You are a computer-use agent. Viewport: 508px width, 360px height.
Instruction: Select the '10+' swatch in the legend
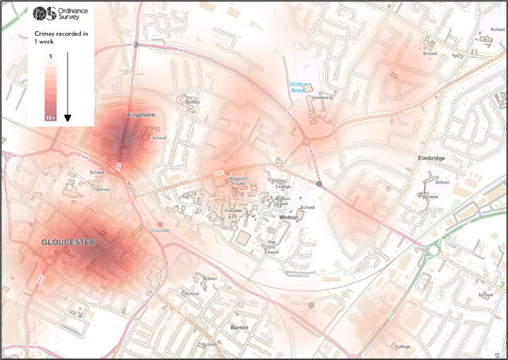(x=50, y=117)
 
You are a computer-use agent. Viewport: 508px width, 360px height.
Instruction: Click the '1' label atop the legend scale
(x=50, y=55)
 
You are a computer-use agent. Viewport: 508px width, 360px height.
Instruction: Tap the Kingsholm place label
(x=141, y=114)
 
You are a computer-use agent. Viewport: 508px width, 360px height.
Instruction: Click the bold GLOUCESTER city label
(x=67, y=242)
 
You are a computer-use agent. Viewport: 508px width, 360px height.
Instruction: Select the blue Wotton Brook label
(x=298, y=87)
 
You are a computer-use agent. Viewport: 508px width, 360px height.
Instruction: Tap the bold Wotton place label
(x=288, y=216)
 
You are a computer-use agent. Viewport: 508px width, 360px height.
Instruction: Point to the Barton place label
(x=239, y=326)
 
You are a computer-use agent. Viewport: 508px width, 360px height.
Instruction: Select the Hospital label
(x=234, y=211)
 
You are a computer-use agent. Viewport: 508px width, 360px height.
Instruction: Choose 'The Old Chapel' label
(x=271, y=247)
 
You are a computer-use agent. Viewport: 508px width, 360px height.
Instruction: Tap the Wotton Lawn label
(x=283, y=202)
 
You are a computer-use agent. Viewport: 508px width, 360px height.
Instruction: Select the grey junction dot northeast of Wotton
(x=319, y=184)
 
